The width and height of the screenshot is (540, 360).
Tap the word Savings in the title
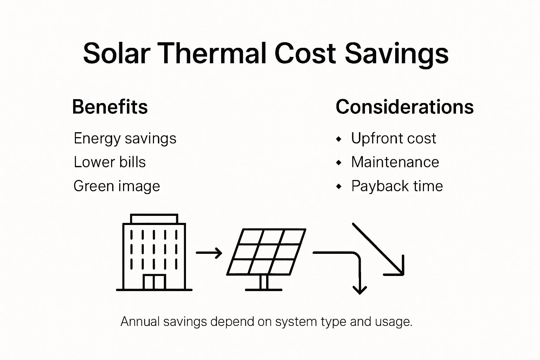pyautogui.click(x=396, y=53)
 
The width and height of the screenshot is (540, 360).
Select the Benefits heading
pyautogui.click(x=110, y=107)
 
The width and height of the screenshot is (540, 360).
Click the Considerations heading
pyautogui.click(x=405, y=107)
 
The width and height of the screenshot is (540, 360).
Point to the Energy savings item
pyautogui.click(x=125, y=139)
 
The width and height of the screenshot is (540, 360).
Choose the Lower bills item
pyautogui.click(x=109, y=162)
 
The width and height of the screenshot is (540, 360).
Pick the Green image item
pyautogui.click(x=116, y=186)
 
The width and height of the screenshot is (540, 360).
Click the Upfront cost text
pyautogui.click(x=393, y=139)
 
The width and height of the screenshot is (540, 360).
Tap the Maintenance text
pyautogui.click(x=395, y=162)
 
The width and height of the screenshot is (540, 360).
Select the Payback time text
pyautogui.click(x=397, y=186)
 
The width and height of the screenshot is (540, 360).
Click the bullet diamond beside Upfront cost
pyautogui.click(x=339, y=139)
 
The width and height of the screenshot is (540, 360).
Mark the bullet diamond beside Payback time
pyautogui.click(x=339, y=187)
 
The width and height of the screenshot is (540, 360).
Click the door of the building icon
pyautogui.click(x=154, y=282)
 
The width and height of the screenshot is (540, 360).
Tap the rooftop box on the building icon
pyautogui.click(x=154, y=218)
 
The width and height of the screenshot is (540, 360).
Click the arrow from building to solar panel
pyautogui.click(x=209, y=253)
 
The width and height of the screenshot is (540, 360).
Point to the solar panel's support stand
pyautogui.click(x=263, y=283)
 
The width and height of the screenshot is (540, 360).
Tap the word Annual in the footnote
pyautogui.click(x=140, y=322)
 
